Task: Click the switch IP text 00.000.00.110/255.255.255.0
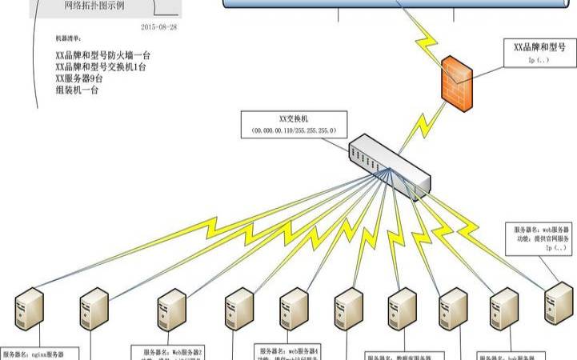coord(293,130)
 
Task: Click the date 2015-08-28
coord(159,26)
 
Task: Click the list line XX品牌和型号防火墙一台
coord(103,56)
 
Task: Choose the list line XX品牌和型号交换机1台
coord(103,67)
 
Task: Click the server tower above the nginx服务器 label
coord(29,311)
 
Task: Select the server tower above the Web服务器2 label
coord(171,311)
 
